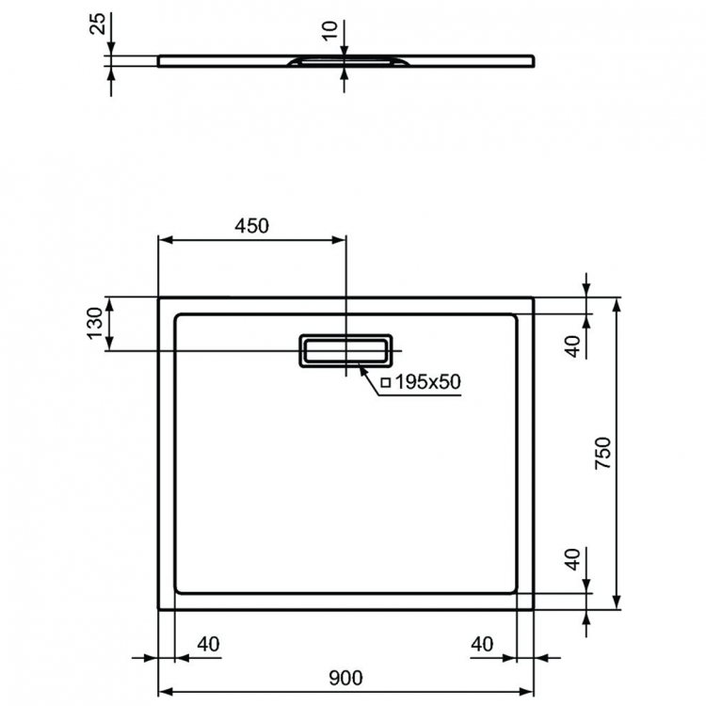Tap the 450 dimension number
point(252,225)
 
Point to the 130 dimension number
point(95,323)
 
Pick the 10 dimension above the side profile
point(329,31)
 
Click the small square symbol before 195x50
point(384,382)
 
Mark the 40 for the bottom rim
point(570,563)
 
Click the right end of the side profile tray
point(534,60)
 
